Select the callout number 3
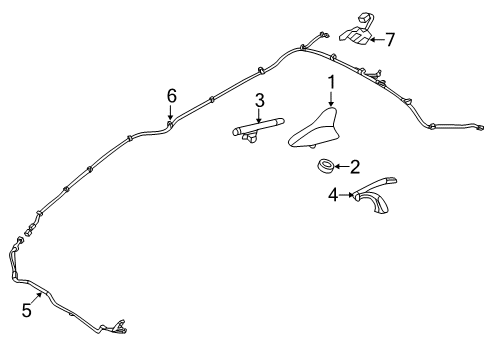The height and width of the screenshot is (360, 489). (259, 100)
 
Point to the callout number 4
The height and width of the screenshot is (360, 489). (333, 197)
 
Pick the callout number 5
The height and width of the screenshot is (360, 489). (27, 311)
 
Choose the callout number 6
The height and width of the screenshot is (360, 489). (171, 95)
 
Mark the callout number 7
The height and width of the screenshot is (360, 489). (391, 40)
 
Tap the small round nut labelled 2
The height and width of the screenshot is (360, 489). (325, 166)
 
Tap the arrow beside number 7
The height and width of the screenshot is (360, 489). (375, 40)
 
